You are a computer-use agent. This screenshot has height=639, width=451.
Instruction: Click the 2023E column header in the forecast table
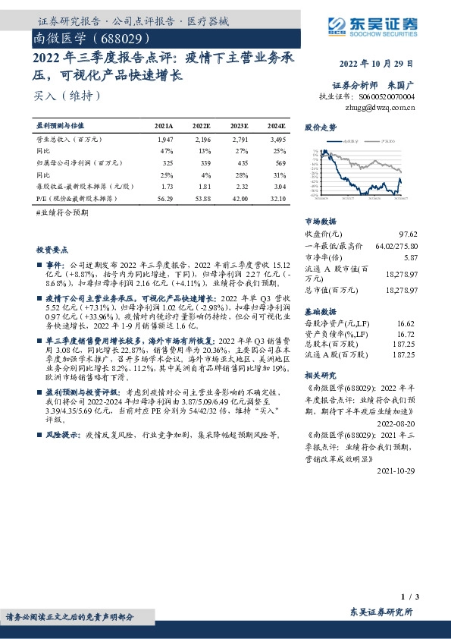pyautogui.click(x=239, y=125)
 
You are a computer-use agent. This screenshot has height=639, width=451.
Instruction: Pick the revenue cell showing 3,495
pyautogui.click(x=278, y=140)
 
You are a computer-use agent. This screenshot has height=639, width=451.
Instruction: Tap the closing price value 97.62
pyautogui.click(x=408, y=234)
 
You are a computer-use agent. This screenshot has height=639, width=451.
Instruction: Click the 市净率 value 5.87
pyautogui.click(x=410, y=258)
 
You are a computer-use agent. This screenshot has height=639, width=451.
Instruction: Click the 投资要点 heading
pyautogui.click(x=52, y=248)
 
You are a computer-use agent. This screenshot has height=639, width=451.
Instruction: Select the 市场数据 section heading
pyautogui.click(x=320, y=220)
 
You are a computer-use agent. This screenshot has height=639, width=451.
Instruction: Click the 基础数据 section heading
pyautogui.click(x=320, y=311)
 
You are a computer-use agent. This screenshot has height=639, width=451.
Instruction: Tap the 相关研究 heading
pyautogui.click(x=320, y=375)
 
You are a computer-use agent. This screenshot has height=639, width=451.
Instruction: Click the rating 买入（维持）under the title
pyautogui.click(x=67, y=96)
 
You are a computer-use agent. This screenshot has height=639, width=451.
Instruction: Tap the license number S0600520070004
pyautogui.click(x=387, y=97)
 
